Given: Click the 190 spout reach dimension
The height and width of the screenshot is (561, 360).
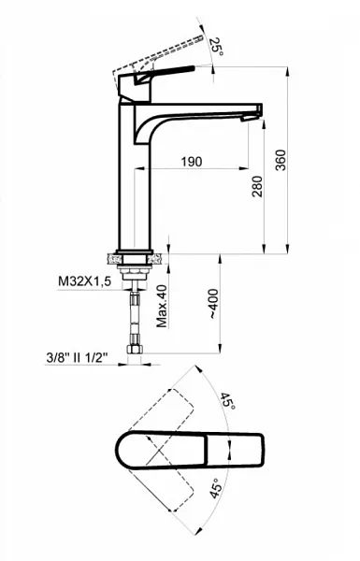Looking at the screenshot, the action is (x=192, y=162).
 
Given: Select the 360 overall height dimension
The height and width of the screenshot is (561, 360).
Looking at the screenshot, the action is (x=281, y=160).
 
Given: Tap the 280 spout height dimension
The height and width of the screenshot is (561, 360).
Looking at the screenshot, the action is (x=257, y=186).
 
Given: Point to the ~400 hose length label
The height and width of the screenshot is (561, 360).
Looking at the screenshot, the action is (x=213, y=304).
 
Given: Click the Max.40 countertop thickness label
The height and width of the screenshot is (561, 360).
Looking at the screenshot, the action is (x=162, y=307).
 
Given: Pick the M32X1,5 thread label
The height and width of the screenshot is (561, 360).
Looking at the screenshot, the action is (x=85, y=281).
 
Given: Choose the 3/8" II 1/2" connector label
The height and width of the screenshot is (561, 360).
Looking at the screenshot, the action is (x=77, y=357).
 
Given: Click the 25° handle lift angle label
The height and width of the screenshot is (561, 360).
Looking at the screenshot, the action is (x=217, y=47).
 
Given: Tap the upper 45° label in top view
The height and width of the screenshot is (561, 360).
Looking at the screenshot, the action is (x=227, y=401).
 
